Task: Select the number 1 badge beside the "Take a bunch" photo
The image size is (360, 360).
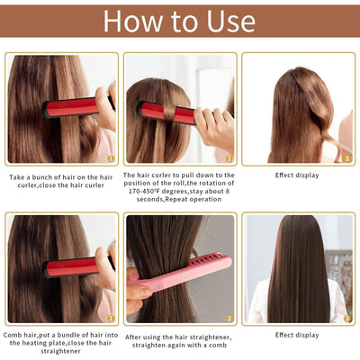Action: pos(110,157)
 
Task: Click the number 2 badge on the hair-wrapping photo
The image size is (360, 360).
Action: pos(229,157)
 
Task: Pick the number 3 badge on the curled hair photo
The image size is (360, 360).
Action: pos(346,157)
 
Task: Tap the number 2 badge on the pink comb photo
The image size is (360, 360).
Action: pos(229,318)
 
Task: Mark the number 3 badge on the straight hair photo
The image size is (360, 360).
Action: pos(346,318)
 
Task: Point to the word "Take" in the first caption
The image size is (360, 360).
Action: pos(19,177)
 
